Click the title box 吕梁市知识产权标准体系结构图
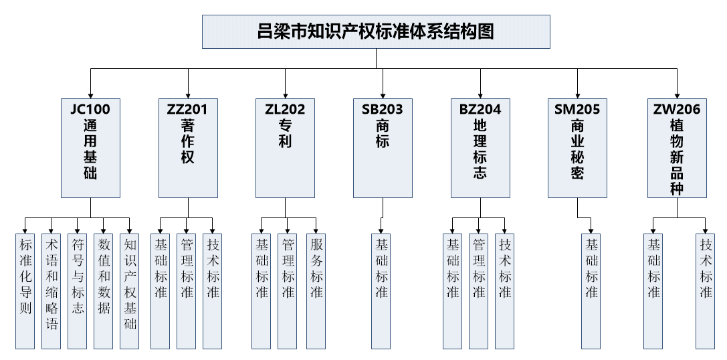(376, 31)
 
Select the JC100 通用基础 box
(90, 147)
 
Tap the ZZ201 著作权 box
(188, 147)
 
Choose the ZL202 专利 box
(286, 147)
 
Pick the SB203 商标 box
(383, 147)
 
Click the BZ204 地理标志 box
(480, 147)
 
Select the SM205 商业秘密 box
(577, 147)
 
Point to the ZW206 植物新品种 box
(677, 147)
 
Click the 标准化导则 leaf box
(25, 290)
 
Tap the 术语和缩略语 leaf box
(51, 290)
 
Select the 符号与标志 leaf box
(78, 290)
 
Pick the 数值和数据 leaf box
(104, 290)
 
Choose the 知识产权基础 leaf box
(130, 290)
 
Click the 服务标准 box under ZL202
(316, 290)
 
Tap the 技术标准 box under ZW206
(706, 290)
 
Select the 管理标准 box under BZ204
(479, 290)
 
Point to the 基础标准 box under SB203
(381, 290)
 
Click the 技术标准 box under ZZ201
(213, 290)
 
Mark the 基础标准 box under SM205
(591, 290)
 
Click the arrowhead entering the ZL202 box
(286, 94)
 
